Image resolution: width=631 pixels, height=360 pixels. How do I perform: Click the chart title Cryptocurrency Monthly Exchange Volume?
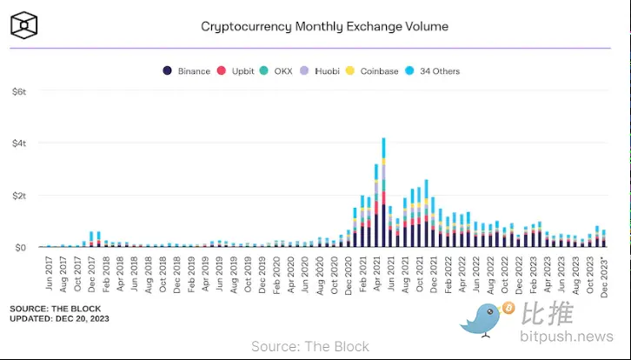coord(324,26)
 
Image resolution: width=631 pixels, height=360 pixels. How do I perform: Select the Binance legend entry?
coord(187,71)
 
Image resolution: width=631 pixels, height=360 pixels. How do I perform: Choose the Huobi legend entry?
coord(321,71)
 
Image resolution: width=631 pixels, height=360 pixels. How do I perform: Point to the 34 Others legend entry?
coord(432,71)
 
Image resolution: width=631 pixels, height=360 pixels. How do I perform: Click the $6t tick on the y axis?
coord(18,91)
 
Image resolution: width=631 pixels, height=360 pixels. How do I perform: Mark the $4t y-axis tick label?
coord(18,143)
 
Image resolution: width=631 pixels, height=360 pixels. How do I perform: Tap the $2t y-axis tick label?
coord(18,196)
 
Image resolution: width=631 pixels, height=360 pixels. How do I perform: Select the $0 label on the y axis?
coord(18,248)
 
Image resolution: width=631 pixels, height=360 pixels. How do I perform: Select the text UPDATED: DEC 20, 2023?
coord(60,319)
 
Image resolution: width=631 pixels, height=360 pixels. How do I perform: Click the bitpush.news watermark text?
coord(566,337)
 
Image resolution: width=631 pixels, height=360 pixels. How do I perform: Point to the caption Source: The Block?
coord(310,347)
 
